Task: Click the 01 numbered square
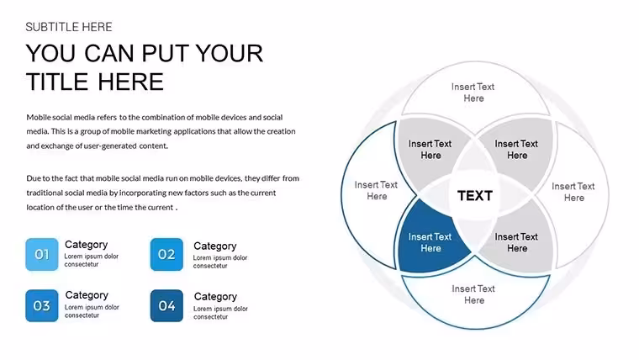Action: click(x=41, y=254)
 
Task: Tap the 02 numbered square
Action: click(x=166, y=254)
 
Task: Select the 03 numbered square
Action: click(x=41, y=306)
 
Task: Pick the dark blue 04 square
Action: click(x=166, y=306)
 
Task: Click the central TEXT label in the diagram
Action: click(x=475, y=196)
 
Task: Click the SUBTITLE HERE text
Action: click(x=69, y=27)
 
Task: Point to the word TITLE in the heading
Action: click(x=57, y=82)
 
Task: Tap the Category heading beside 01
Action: click(x=86, y=244)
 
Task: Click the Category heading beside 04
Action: click(x=215, y=296)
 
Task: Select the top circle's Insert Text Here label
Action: click(x=473, y=93)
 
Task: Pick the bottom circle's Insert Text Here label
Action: click(x=473, y=294)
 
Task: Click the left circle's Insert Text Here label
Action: click(x=376, y=190)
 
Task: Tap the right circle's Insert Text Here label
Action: click(x=573, y=192)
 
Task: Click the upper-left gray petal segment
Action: click(x=430, y=151)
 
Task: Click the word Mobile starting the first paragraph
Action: click(x=39, y=118)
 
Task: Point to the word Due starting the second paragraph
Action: click(x=33, y=178)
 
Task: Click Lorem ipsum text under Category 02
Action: click(x=220, y=262)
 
